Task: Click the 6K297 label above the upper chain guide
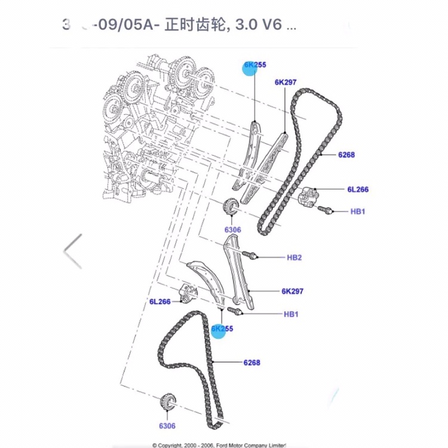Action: pyautogui.click(x=286, y=82)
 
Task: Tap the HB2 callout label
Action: pyautogui.click(x=294, y=257)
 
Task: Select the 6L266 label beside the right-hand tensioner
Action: pyautogui.click(x=358, y=190)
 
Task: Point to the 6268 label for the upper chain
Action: pyautogui.click(x=346, y=155)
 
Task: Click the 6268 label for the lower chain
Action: pyautogui.click(x=251, y=363)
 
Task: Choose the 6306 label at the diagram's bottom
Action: pyautogui.click(x=167, y=426)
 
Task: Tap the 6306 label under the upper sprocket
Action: pyautogui.click(x=232, y=230)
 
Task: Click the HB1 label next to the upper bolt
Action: pyautogui.click(x=357, y=211)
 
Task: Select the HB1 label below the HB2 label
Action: pyautogui.click(x=291, y=314)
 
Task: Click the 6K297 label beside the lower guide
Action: pyautogui.click(x=293, y=291)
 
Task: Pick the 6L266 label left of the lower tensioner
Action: pyautogui.click(x=160, y=302)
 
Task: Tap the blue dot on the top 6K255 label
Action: pyautogui.click(x=250, y=67)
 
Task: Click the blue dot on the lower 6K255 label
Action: pyautogui.click(x=219, y=330)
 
